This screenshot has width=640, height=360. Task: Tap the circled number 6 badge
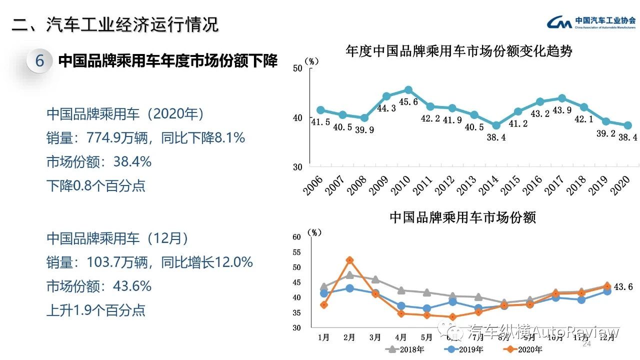pos(40,61)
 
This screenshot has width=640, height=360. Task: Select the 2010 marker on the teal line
pos(408,90)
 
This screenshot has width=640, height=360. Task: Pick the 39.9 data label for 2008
pos(363,129)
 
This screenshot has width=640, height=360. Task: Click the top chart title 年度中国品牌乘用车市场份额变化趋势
pos(458,51)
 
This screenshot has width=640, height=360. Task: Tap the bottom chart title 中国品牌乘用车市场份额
pos(462,218)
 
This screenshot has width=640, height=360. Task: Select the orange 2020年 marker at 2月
pos(349,260)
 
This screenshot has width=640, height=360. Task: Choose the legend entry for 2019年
pos(465,349)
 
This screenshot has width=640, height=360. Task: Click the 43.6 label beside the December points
pos(623,287)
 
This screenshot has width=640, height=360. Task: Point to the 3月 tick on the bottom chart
pos(375,337)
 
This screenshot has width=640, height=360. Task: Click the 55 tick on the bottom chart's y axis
pos(296,252)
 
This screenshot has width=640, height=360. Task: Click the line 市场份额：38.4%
pos(99,162)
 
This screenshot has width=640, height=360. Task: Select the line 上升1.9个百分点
pos(96,310)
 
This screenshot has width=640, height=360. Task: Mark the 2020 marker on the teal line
pos(628,125)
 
